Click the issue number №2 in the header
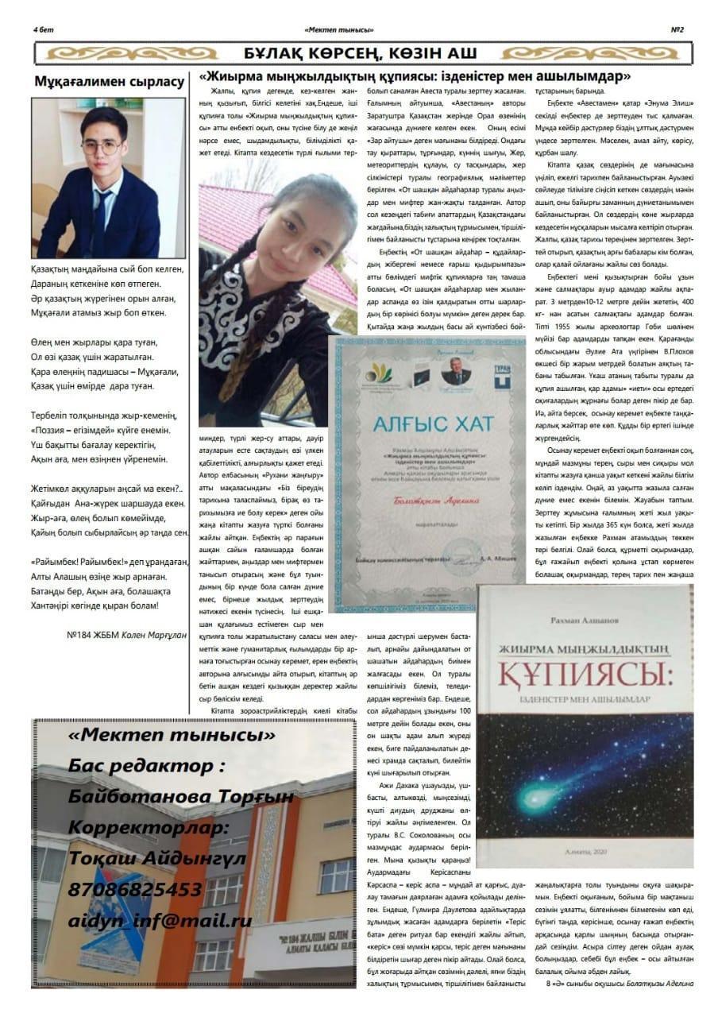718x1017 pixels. click(x=677, y=29)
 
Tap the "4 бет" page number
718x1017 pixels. click(x=43, y=29)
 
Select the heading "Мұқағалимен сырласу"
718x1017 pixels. click(x=109, y=81)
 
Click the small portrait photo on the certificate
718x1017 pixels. click(x=456, y=372)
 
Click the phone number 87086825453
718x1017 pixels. click(x=135, y=889)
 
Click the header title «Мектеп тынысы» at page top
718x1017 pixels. click(x=338, y=29)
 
